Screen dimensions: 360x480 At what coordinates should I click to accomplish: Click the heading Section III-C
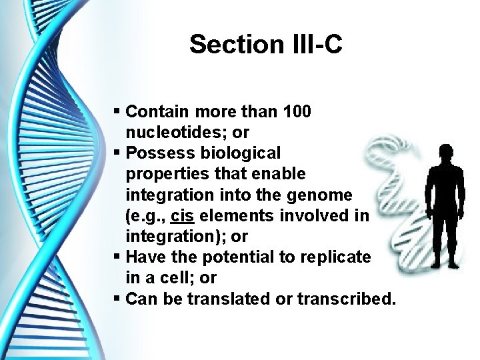[x=265, y=45]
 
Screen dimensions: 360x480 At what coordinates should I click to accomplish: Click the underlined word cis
[x=182, y=215]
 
